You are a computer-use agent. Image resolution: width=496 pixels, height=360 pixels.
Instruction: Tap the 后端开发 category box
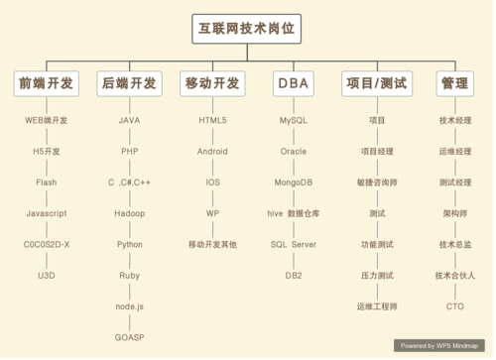click(x=129, y=83)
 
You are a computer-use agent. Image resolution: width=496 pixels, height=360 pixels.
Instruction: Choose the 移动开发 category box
click(x=212, y=83)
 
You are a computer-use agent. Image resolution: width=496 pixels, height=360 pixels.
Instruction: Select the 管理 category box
click(x=455, y=83)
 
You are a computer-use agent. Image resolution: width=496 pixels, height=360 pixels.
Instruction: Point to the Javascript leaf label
click(x=46, y=213)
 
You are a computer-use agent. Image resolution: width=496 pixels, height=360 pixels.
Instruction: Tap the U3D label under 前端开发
click(x=46, y=275)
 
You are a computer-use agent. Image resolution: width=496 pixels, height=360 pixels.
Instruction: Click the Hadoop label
click(x=129, y=213)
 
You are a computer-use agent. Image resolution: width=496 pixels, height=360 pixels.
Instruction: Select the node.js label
click(x=129, y=306)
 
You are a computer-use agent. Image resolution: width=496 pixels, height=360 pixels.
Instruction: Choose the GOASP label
click(x=129, y=337)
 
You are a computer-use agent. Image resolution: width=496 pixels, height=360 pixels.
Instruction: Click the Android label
click(x=212, y=152)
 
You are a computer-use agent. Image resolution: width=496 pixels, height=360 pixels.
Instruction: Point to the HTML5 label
click(x=212, y=120)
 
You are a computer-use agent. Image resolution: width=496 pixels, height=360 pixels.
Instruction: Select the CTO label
click(x=455, y=306)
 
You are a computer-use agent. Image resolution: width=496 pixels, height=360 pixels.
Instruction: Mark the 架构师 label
click(x=455, y=213)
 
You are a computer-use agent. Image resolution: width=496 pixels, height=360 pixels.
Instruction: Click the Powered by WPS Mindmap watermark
click(x=441, y=345)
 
